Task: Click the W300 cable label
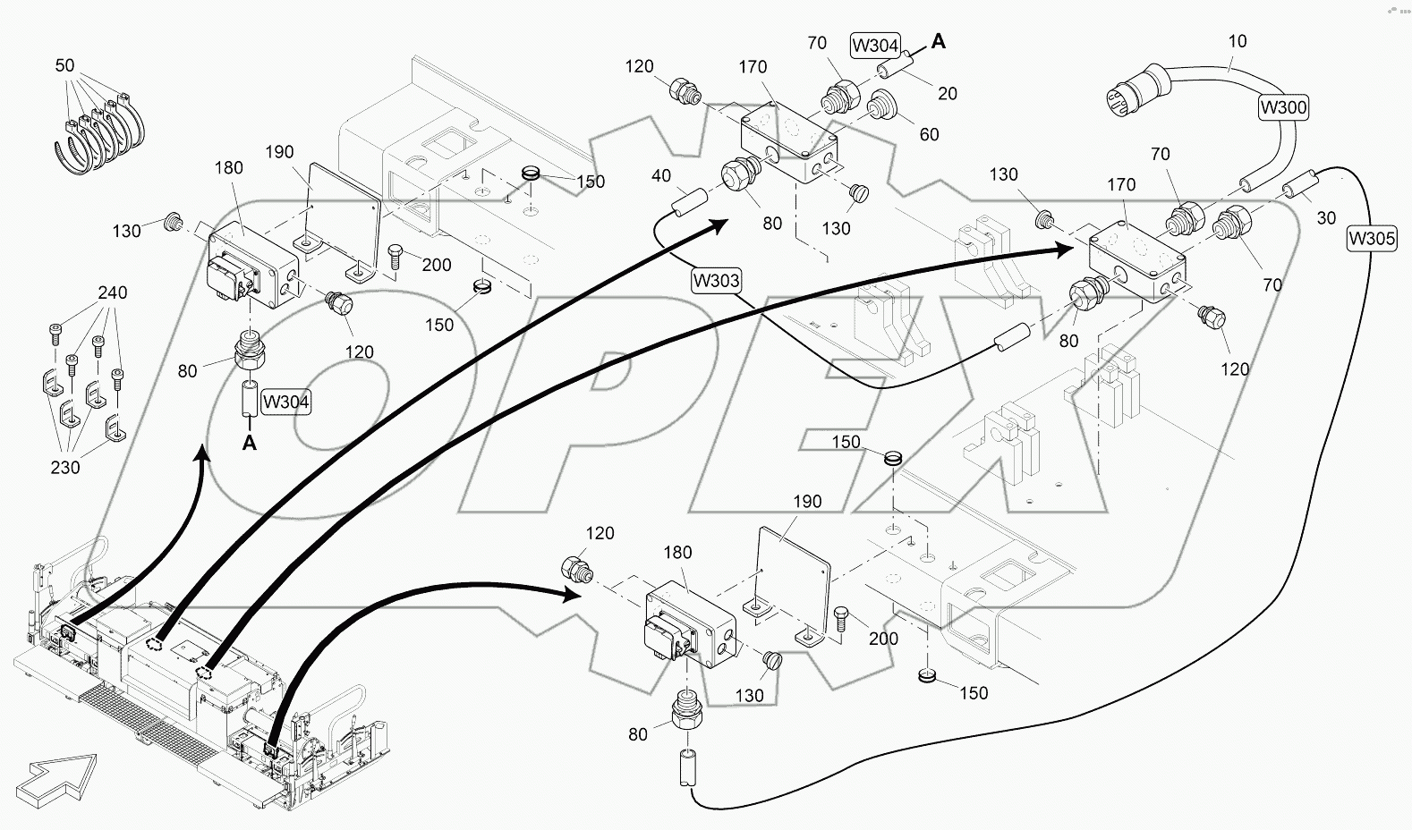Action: [x=1283, y=107]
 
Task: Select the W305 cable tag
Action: [x=1371, y=238]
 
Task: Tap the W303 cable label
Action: [x=716, y=280]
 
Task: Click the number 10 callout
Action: [x=1238, y=41]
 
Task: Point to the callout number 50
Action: [x=64, y=65]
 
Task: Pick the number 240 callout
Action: [x=112, y=292]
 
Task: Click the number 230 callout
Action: [x=65, y=467]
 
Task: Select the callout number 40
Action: [x=660, y=176]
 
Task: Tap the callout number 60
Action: [x=929, y=134]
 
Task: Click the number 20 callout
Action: [x=947, y=93]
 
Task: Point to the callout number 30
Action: [x=1326, y=217]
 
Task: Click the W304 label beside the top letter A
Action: [x=876, y=45]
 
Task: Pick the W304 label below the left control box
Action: [x=286, y=402]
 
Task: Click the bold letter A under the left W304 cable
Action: [x=250, y=442]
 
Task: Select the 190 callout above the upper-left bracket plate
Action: [x=279, y=152]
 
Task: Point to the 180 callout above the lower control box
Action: [x=677, y=552]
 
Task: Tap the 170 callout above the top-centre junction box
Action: [x=753, y=66]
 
